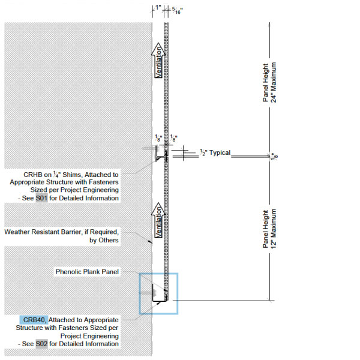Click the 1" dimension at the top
pyautogui.click(x=158, y=8)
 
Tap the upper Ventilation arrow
pyautogui.click(x=158, y=61)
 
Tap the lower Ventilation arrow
pyautogui.click(x=158, y=220)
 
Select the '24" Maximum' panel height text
pyautogui.click(x=274, y=82)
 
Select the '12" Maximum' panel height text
pyautogui.click(x=274, y=229)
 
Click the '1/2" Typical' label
pyautogui.click(x=215, y=152)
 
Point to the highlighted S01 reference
pyautogui.click(x=41, y=198)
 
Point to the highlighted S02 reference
pyautogui.click(x=41, y=344)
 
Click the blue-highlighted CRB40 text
pyautogui.click(x=34, y=320)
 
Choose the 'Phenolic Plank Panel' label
pyautogui.click(x=87, y=272)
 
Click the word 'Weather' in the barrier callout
pyautogui.click(x=17, y=232)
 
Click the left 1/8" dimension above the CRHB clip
pyautogui.click(x=158, y=139)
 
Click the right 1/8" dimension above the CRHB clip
pyautogui.click(x=173, y=139)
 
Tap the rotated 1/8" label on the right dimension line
pyautogui.click(x=275, y=157)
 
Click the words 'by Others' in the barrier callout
pyautogui.click(x=104, y=240)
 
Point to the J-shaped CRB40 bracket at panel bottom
pyautogui.click(x=160, y=301)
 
